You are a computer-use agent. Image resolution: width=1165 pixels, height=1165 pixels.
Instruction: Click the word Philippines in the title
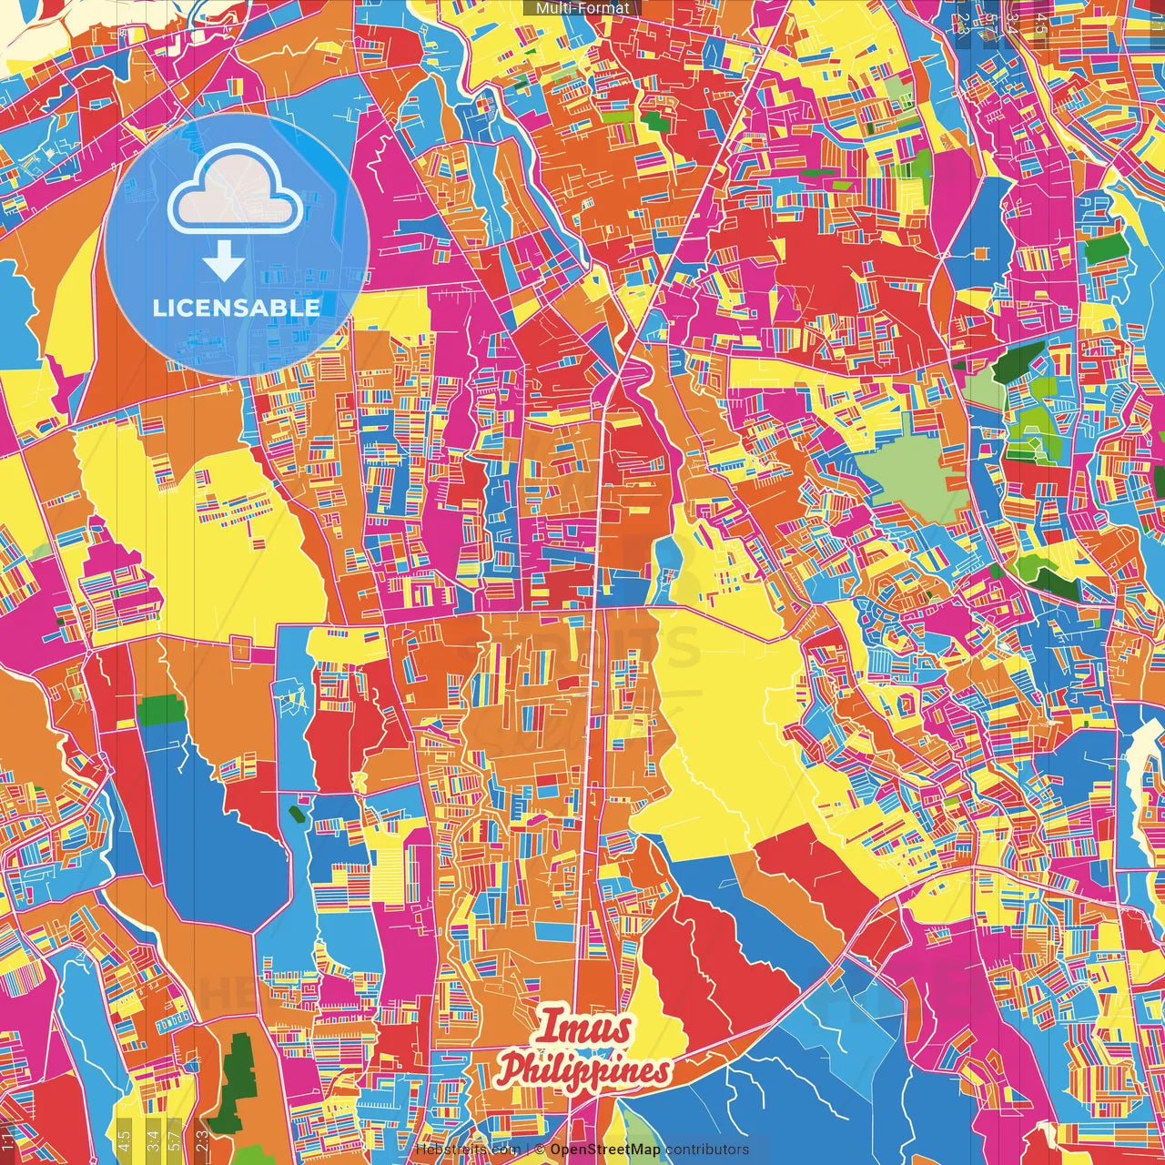pos(583,1070)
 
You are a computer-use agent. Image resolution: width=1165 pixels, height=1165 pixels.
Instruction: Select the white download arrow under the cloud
pos(224,265)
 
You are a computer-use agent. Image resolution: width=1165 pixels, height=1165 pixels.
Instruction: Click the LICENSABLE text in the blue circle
pos(237,308)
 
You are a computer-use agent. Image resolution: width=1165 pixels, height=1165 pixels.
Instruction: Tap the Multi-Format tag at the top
pos(582,8)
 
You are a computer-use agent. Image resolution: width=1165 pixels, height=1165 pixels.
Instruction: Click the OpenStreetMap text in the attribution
pos(604,1150)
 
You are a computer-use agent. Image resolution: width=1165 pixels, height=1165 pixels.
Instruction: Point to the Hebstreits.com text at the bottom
pos(468,1150)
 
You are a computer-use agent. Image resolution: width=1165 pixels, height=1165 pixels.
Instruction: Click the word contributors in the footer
pos(707,1150)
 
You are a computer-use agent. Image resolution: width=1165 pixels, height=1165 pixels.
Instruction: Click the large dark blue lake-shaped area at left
pos(214,819)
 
